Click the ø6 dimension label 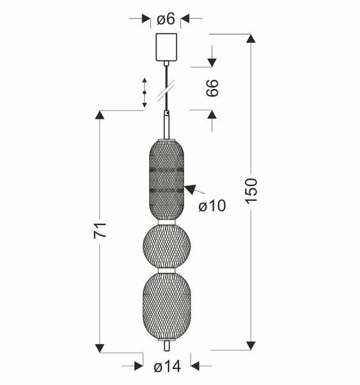click(x=166, y=19)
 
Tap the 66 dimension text click(x=212, y=88)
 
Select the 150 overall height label click(x=251, y=191)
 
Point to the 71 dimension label click(x=100, y=230)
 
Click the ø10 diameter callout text click(x=212, y=205)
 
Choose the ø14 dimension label click(x=167, y=367)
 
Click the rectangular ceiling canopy click(x=166, y=47)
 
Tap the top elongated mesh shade click(x=167, y=180)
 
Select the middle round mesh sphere click(x=167, y=246)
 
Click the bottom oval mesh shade click(x=167, y=307)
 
